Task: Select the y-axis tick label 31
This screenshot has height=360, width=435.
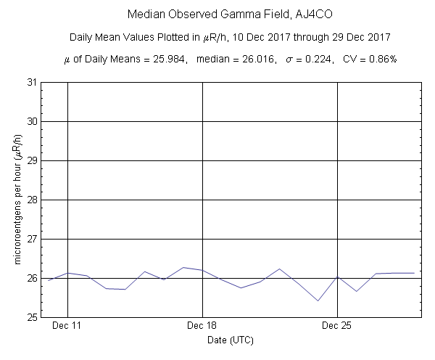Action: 33,82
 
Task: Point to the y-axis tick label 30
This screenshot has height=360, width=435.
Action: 33,121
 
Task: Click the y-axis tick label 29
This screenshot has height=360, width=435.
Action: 33,160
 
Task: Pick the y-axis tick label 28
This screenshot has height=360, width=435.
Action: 33,200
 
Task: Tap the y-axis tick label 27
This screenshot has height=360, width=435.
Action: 33,239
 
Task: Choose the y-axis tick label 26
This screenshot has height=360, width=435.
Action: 33,278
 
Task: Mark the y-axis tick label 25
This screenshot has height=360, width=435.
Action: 33,317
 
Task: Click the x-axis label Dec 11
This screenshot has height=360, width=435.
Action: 67,327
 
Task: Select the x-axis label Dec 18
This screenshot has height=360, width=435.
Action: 202,327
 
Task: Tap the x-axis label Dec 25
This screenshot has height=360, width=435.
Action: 338,327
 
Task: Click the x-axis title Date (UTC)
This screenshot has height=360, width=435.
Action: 231,340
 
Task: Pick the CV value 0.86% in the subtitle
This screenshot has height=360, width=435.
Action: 379,58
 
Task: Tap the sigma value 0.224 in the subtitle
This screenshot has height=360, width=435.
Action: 320,58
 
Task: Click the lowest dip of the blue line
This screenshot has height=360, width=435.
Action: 318,300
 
